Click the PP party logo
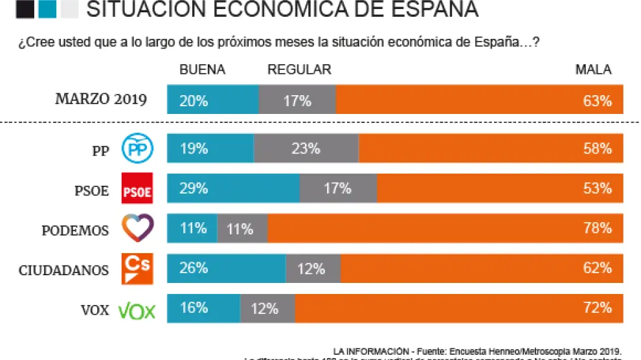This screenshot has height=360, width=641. (137, 149)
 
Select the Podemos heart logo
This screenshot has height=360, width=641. (137, 228)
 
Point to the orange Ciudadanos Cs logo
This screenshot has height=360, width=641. (137, 268)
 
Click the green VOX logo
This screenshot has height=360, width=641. (137, 310)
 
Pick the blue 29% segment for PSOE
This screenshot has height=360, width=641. (233, 188)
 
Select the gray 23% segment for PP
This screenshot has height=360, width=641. (306, 149)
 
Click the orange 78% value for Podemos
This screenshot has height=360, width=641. (596, 228)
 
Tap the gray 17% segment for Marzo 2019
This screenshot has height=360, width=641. (297, 100)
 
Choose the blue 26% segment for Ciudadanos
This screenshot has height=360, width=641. (227, 268)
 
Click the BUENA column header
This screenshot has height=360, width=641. (202, 70)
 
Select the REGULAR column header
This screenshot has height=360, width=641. (299, 70)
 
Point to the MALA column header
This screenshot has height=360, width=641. (593, 70)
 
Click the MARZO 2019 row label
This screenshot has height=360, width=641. (101, 100)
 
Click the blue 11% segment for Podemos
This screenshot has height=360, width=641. (192, 228)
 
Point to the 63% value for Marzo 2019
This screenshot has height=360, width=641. (596, 100)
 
